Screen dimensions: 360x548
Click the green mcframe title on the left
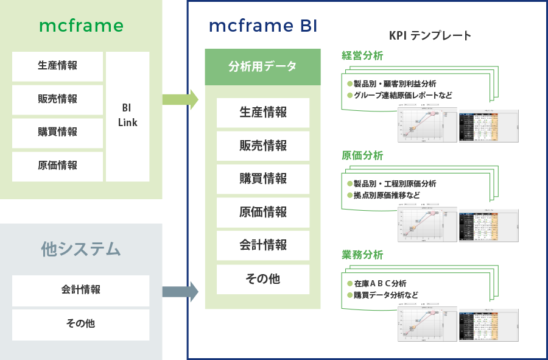(x=81, y=26)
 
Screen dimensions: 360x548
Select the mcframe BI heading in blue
(x=262, y=26)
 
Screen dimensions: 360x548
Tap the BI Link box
(x=127, y=116)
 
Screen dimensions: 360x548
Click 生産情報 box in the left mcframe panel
(x=57, y=66)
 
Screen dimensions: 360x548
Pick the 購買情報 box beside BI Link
(x=57, y=132)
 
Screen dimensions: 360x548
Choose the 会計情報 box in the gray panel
(x=80, y=291)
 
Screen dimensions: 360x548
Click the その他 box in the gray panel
(x=80, y=324)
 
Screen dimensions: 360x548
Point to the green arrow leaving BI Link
(x=182, y=99)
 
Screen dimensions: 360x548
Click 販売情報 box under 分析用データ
(x=262, y=146)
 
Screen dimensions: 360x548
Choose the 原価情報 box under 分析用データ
(x=262, y=212)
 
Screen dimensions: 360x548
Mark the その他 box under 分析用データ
(x=262, y=279)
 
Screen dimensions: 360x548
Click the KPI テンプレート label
(x=430, y=35)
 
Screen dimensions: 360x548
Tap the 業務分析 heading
(x=362, y=255)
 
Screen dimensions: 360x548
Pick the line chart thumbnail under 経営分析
(x=426, y=125)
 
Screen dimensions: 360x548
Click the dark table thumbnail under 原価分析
(x=487, y=225)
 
